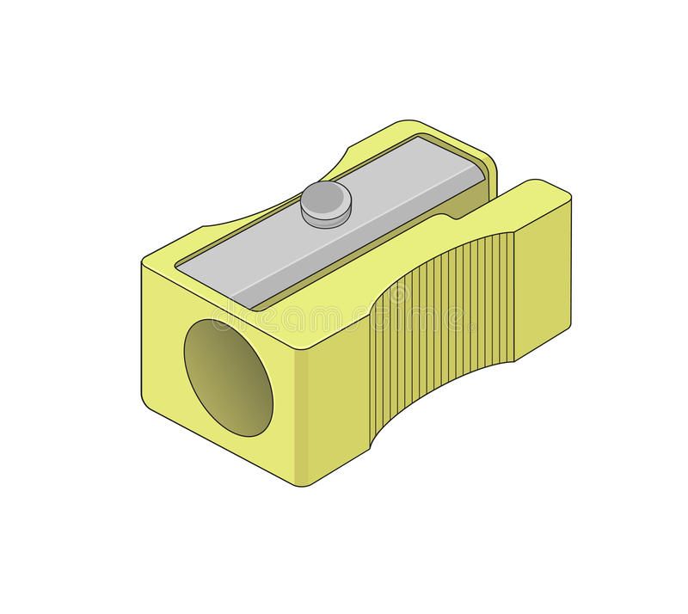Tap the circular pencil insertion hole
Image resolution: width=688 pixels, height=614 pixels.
point(229,376)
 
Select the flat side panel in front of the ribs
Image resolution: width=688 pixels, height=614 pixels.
point(331,413)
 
